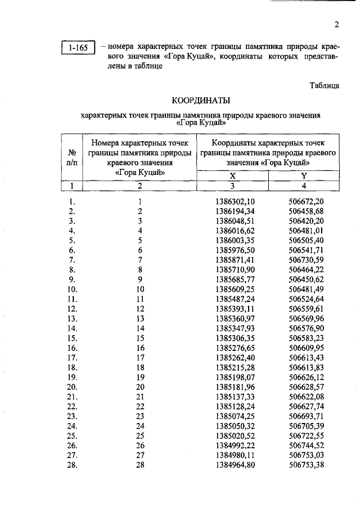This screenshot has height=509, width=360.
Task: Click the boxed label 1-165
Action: tap(78, 48)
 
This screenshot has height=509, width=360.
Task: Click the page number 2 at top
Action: tap(336, 25)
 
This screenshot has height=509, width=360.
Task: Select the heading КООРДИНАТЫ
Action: tap(201, 101)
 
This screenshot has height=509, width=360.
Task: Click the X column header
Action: tap(232, 175)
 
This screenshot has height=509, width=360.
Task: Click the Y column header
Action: tap(304, 175)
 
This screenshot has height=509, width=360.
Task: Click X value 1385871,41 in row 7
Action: tap(235, 260)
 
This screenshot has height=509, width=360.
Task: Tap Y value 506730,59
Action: tap(306, 260)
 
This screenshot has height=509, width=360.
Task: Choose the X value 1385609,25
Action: tap(235, 289)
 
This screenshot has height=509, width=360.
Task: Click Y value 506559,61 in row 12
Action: tap(306, 309)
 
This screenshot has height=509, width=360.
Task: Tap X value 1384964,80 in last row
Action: tap(235, 465)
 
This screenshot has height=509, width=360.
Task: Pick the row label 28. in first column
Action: tap(72, 465)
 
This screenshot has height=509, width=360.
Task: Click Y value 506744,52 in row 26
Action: tap(306, 445)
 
